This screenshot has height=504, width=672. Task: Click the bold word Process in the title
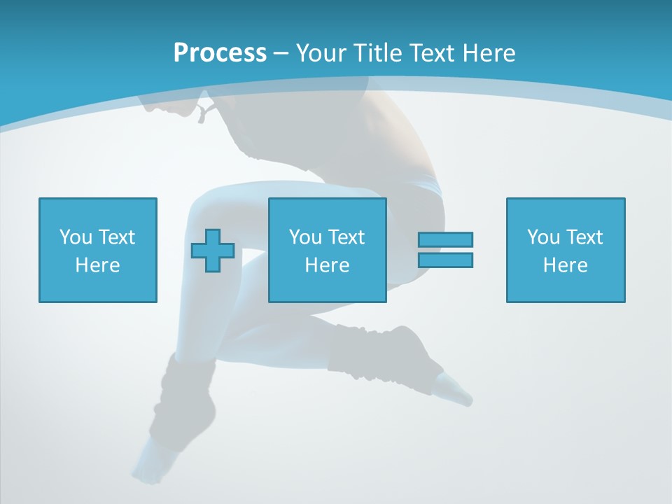(x=220, y=53)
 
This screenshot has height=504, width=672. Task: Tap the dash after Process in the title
(x=281, y=53)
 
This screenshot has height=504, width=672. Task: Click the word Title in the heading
(x=376, y=53)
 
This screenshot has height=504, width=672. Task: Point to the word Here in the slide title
(x=489, y=53)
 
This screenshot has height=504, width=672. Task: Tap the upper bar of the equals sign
(x=445, y=239)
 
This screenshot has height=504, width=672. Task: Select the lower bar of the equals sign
(x=445, y=260)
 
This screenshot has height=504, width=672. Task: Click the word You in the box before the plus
(x=75, y=237)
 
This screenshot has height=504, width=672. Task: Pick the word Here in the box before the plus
(x=97, y=265)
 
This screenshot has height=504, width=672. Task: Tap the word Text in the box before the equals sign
(x=346, y=237)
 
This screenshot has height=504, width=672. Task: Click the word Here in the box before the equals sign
(x=327, y=265)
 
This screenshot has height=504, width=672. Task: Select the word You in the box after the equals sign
(x=542, y=237)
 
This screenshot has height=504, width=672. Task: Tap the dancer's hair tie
(x=203, y=112)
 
